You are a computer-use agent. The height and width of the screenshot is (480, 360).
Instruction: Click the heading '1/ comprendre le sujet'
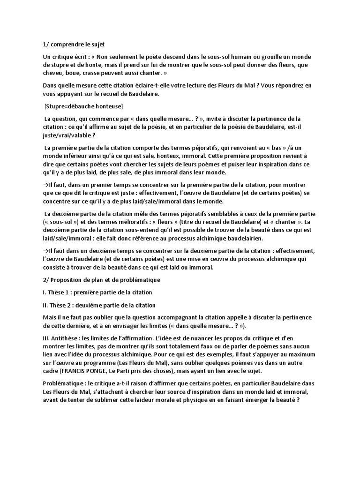[74, 45]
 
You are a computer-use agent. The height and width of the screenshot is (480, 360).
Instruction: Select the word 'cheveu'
[53, 74]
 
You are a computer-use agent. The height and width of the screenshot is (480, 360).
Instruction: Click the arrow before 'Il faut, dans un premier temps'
[45, 185]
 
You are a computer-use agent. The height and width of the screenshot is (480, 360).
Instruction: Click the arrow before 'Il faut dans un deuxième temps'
[45, 251]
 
